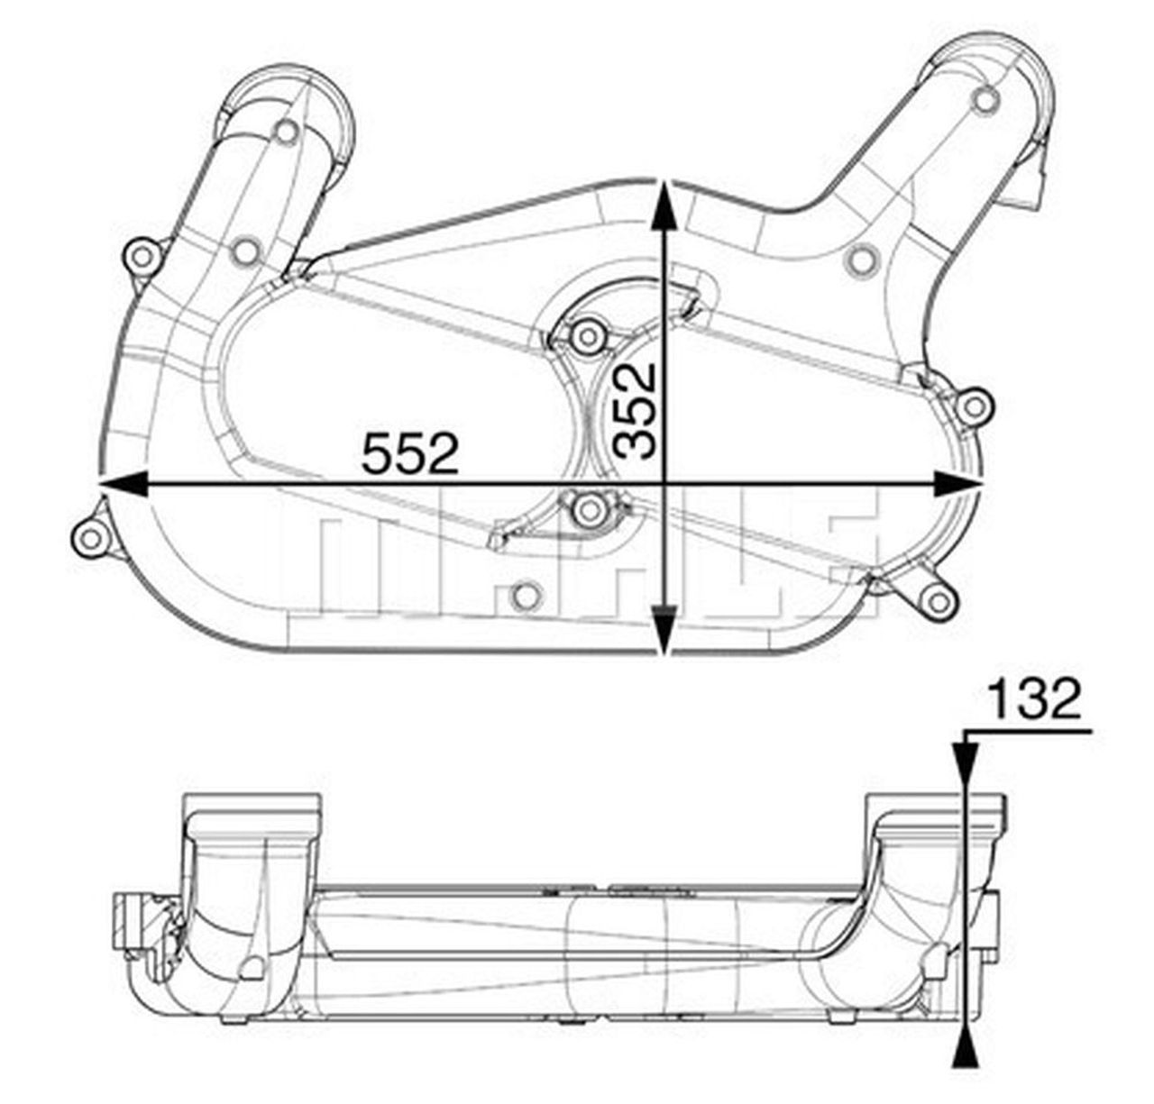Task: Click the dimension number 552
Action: click(x=410, y=453)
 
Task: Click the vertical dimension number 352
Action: click(x=635, y=411)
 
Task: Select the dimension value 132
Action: click(x=1033, y=700)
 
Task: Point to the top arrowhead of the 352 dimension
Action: click(x=665, y=204)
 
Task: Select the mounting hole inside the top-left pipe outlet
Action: click(x=287, y=132)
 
